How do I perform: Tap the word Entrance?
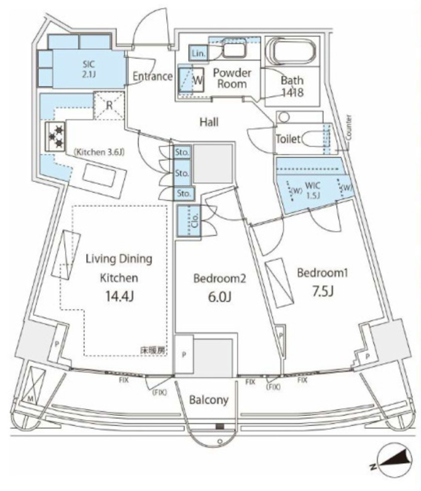pos(152,76)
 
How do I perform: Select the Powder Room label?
pos(232,79)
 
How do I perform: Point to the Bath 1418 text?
pos(292,86)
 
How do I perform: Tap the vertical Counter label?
pos(349,128)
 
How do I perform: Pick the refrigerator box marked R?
pos(109,105)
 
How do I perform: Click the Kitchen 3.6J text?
pos(99,152)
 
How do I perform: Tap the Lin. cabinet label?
pos(198,54)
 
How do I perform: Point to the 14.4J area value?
pos(119,296)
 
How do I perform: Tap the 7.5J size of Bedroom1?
pos(323,291)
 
